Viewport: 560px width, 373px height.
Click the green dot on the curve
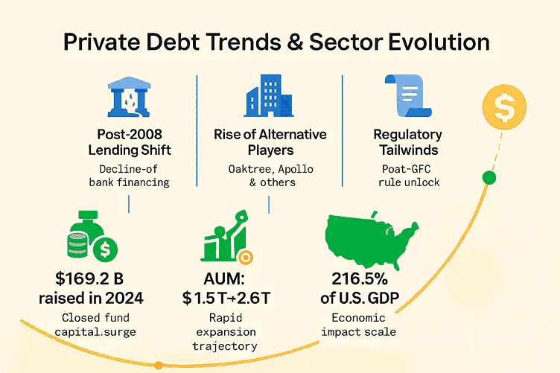pos(489,177)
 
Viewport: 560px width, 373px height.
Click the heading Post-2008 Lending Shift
pos(134,142)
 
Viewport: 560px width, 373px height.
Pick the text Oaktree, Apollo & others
pos(270,176)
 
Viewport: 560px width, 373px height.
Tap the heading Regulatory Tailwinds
pos(407,142)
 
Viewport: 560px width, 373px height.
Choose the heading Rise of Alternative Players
pos(271,142)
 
